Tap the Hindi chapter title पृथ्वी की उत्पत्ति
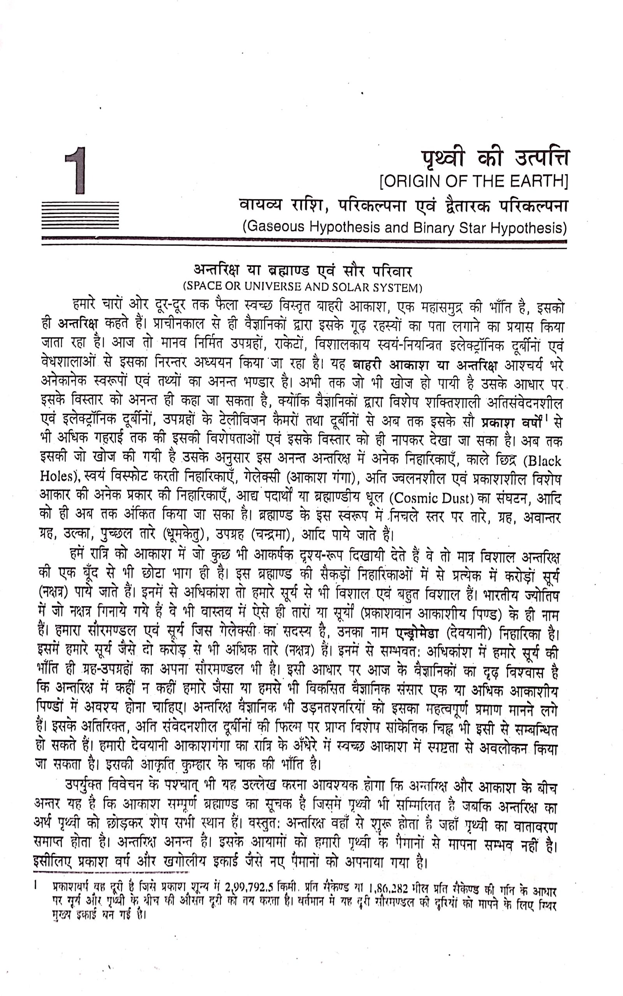coord(495,159)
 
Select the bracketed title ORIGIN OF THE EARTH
coord(473,181)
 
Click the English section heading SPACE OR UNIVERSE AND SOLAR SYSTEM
coord(303,287)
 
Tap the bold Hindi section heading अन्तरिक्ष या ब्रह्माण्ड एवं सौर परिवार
coord(303,271)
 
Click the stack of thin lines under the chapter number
coord(80,215)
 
